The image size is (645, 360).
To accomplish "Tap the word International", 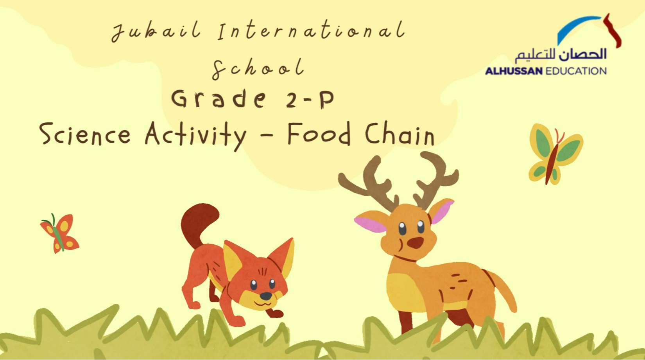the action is [x=312, y=30].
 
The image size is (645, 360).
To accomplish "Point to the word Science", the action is [x=85, y=134].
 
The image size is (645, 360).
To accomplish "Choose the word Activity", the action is [x=196, y=135].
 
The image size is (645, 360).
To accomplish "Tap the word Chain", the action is [x=400, y=134].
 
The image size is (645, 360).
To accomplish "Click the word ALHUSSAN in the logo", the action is [x=514, y=71].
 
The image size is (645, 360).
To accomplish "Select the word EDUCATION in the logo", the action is [x=576, y=71].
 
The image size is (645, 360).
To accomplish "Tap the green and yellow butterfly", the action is [x=554, y=154].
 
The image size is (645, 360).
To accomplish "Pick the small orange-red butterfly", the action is [x=60, y=234].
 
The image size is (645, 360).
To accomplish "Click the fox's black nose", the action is [x=265, y=296].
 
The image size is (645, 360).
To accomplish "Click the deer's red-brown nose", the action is [x=415, y=242].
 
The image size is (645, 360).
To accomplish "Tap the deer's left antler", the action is [x=371, y=184].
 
